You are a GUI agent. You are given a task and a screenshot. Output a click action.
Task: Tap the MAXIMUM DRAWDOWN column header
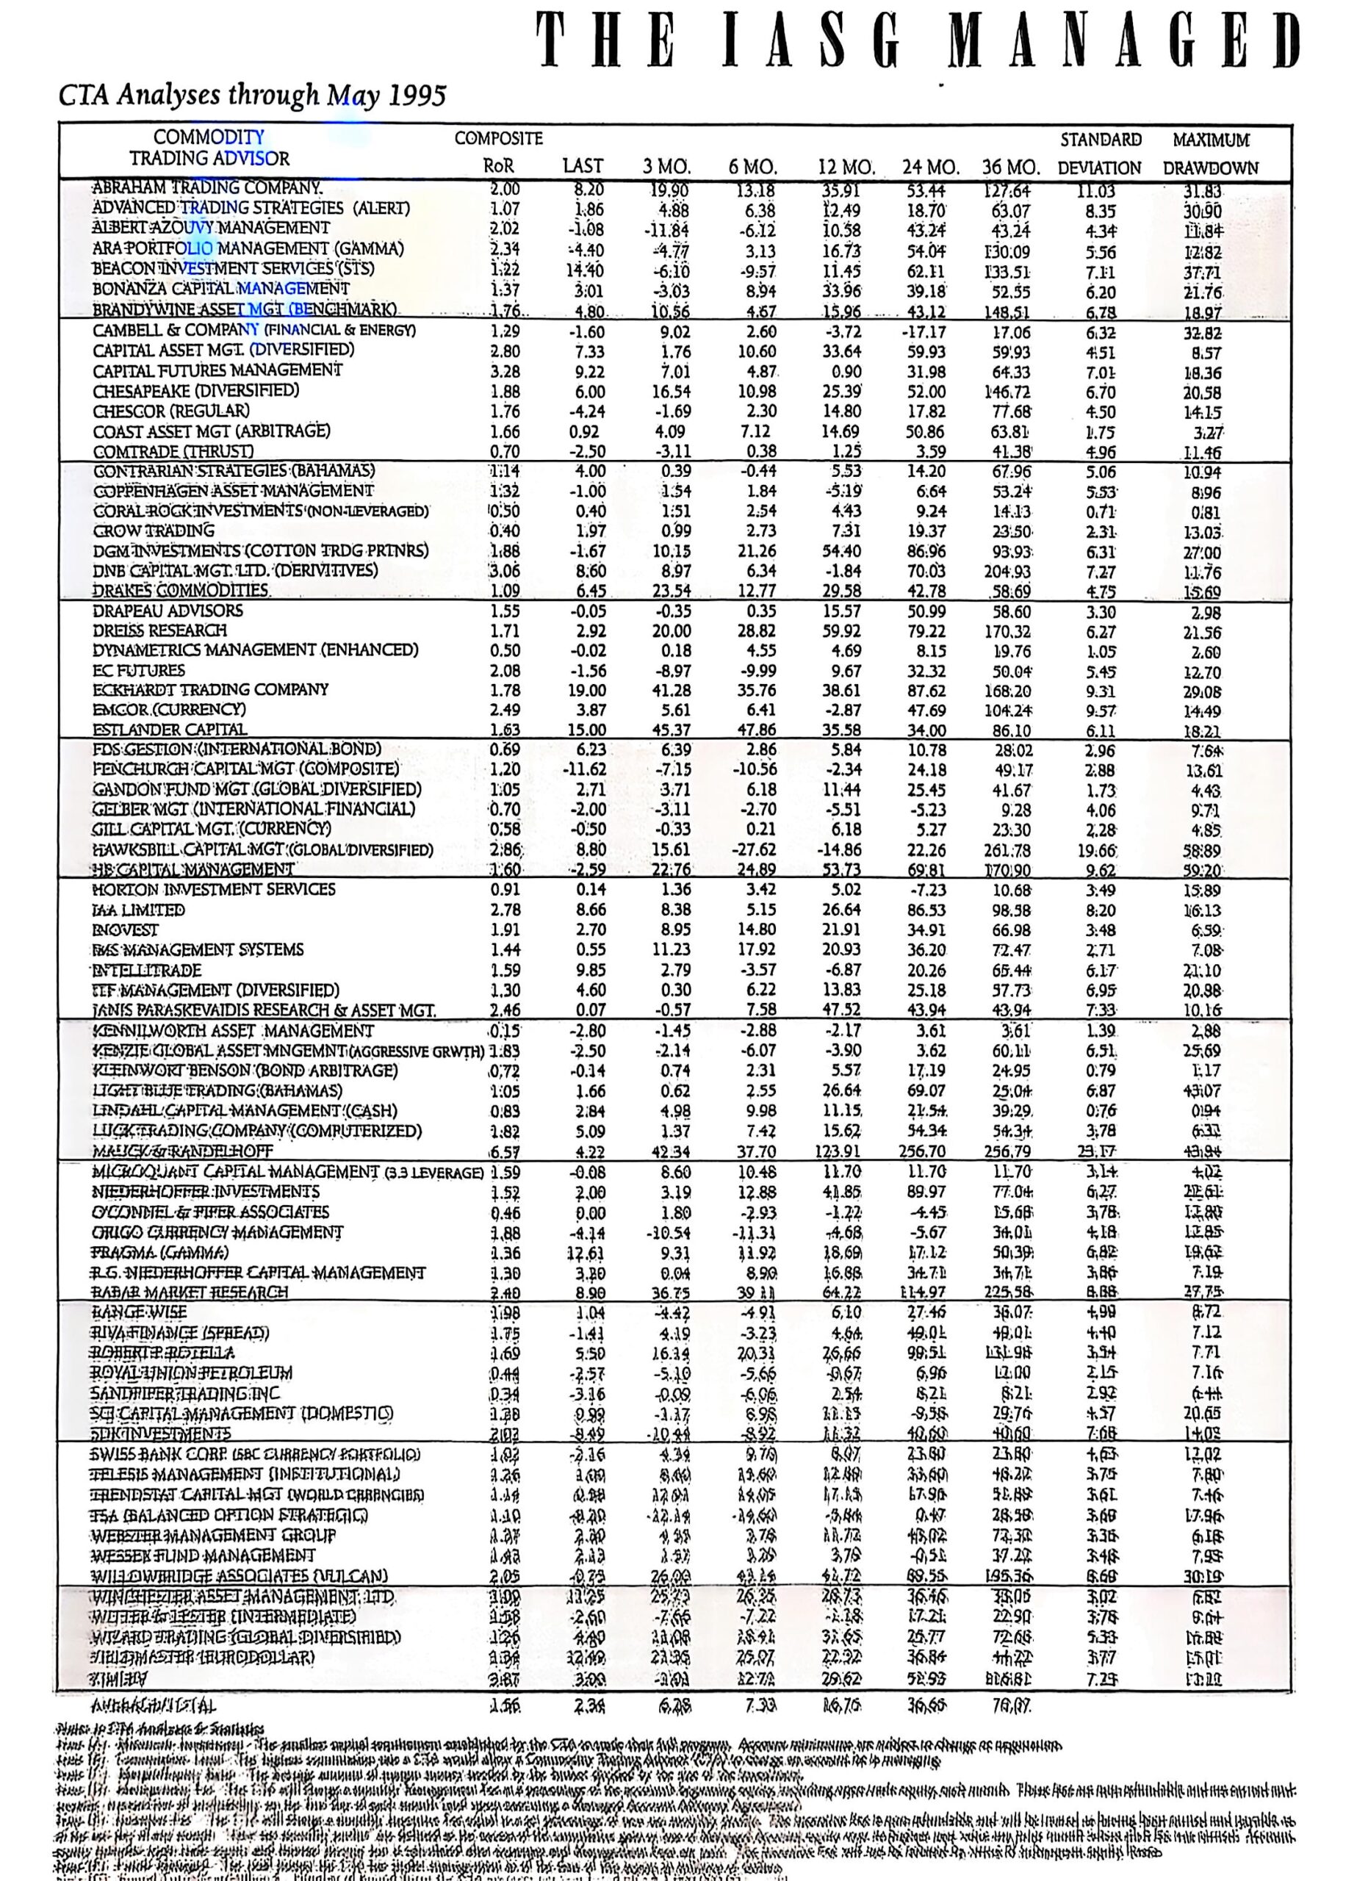(x=1210, y=154)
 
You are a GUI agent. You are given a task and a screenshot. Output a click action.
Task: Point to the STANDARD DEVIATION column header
(x=1100, y=154)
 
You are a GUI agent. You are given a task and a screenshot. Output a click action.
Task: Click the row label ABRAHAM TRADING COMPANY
(x=207, y=188)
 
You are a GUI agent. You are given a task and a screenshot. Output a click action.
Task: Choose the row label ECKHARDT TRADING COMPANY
(x=211, y=690)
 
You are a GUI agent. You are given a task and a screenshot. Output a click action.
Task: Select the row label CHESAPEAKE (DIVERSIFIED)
(x=195, y=391)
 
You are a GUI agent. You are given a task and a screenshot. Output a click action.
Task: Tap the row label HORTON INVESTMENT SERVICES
(x=214, y=890)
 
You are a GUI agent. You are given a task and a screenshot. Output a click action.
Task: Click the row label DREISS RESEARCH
(x=160, y=630)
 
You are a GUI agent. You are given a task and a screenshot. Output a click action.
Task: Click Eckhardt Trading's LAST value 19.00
(x=587, y=691)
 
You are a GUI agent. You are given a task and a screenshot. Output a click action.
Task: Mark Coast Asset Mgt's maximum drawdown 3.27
(x=1209, y=432)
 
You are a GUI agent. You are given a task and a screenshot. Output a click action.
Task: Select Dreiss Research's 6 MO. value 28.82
(x=755, y=631)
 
